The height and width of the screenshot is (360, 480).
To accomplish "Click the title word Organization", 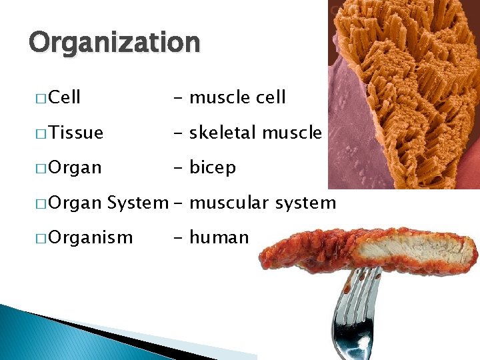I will pyautogui.click(x=114, y=43).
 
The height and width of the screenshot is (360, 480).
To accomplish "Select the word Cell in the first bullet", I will pyautogui.click(x=65, y=97).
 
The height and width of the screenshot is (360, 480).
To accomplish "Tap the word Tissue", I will pyautogui.click(x=76, y=133).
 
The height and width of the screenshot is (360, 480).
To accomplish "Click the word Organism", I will pyautogui.click(x=91, y=237).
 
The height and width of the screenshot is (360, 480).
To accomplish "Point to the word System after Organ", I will pyautogui.click(x=137, y=202).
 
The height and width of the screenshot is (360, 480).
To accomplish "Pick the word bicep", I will pyautogui.click(x=213, y=167).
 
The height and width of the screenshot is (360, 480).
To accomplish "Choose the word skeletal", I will pyautogui.click(x=223, y=133).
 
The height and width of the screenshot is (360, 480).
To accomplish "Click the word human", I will pyautogui.click(x=219, y=237).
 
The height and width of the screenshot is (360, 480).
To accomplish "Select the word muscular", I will pyautogui.click(x=227, y=202).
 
